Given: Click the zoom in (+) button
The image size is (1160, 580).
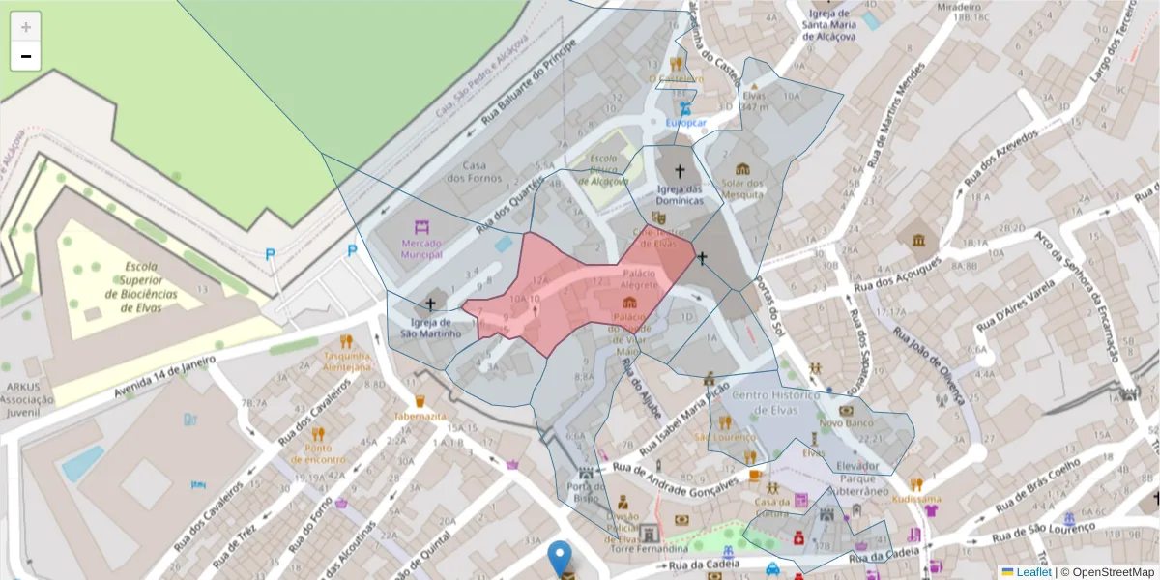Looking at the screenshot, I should [x=26, y=27].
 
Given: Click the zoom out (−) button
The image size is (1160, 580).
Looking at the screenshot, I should [x=26, y=56].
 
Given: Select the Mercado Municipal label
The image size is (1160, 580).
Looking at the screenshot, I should [x=421, y=248].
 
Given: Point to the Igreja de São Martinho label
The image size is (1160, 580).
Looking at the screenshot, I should [x=431, y=328].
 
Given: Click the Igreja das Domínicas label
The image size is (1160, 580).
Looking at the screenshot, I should [x=680, y=194].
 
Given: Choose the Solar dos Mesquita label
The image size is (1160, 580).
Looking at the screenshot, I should [x=741, y=188].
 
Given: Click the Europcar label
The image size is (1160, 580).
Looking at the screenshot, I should [x=686, y=123].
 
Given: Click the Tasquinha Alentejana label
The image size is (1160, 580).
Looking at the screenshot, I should [x=347, y=362].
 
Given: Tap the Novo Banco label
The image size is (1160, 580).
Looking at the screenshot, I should [x=846, y=423].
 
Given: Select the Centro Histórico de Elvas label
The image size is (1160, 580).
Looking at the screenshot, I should [x=776, y=402].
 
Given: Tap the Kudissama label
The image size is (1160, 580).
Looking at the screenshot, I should [x=916, y=499].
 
